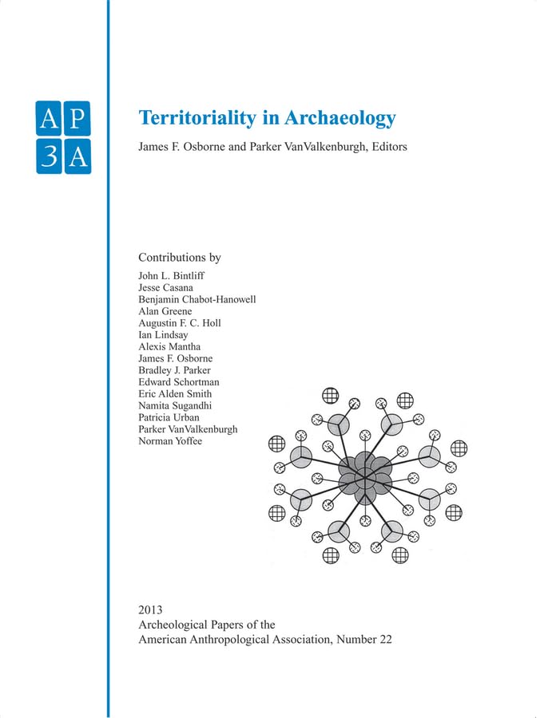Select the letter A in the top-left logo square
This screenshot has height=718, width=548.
(49, 119)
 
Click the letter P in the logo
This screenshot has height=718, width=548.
(77, 119)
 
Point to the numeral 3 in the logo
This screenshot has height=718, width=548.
(49, 157)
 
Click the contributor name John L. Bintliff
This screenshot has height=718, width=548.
(172, 275)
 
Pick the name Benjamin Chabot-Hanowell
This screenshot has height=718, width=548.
(197, 299)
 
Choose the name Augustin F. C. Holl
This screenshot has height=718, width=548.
(180, 323)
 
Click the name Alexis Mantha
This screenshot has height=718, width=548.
(169, 346)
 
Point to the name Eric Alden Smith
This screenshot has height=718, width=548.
(177, 394)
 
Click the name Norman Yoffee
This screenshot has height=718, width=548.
(170, 441)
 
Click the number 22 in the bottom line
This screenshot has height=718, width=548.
(383, 640)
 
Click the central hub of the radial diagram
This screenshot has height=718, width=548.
(365, 478)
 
